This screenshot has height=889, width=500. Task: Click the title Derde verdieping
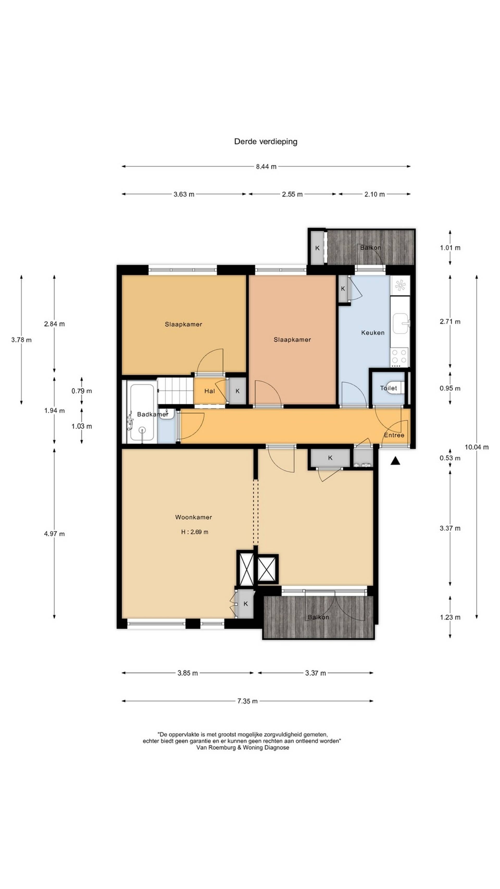click(265, 141)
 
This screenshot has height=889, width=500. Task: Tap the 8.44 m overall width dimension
click(266, 167)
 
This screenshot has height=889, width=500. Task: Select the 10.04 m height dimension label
click(477, 447)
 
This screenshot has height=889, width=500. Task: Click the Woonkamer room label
click(193, 517)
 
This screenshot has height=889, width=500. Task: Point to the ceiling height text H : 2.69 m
click(195, 532)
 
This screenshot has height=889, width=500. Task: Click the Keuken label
click(373, 333)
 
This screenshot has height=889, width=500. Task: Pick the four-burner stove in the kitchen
click(399, 357)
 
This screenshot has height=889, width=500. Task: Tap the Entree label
click(394, 435)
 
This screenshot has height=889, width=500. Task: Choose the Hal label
click(209, 391)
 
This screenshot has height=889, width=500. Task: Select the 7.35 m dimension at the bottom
click(247, 701)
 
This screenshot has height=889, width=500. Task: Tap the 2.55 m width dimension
click(292, 194)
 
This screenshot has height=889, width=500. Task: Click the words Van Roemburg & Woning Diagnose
click(243, 748)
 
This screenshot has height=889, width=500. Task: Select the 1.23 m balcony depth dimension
click(450, 617)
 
